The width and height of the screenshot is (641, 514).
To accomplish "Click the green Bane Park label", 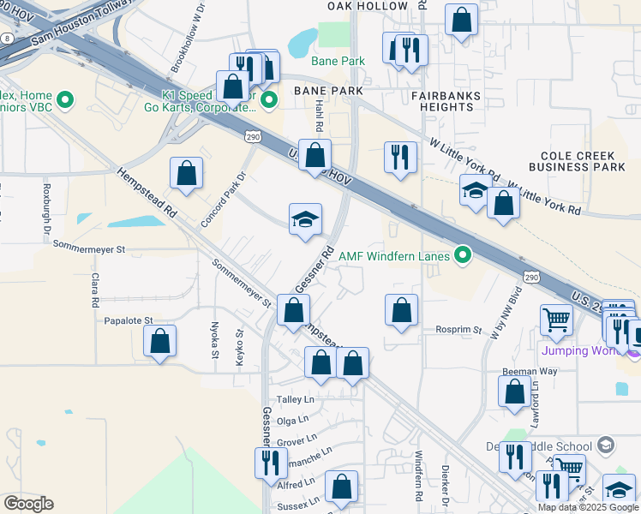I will pyautogui.click(x=338, y=61).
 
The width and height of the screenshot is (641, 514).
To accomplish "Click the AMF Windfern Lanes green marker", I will pyautogui.click(x=464, y=255).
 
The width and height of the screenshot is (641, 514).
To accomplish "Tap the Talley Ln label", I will pyautogui.click(x=296, y=400).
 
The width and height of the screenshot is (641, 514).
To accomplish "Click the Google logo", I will pyautogui.click(x=28, y=504).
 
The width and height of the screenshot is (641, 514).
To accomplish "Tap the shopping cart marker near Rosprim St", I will pyautogui.click(x=556, y=320).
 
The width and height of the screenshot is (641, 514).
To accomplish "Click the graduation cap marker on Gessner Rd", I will pyautogui.click(x=305, y=219).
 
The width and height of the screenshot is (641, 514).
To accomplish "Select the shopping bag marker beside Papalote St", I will pyautogui.click(x=160, y=341).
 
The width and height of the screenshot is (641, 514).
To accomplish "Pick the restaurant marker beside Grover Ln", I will pyautogui.click(x=271, y=463).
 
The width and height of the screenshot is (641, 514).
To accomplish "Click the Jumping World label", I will pyautogui.click(x=579, y=351).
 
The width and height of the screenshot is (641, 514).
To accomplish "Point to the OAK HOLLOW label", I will pyautogui.click(x=368, y=6).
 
